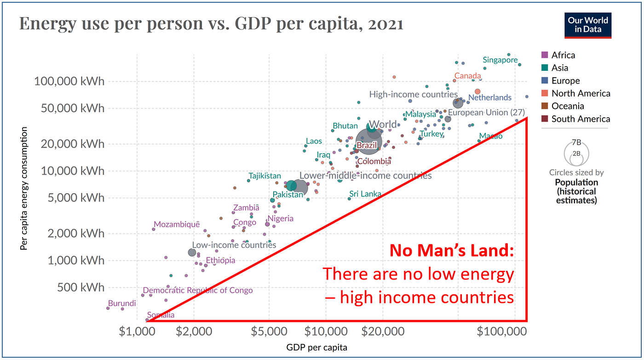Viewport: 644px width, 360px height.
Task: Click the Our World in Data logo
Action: point(588,25)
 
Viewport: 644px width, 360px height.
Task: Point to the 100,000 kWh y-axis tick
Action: point(69,81)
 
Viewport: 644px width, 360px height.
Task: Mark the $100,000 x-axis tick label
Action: point(500,331)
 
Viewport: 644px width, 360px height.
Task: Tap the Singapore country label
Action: point(500,60)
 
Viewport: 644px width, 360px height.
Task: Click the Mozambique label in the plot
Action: point(177,225)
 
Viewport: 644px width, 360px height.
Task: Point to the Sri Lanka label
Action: point(365,194)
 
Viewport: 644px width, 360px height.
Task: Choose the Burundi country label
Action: point(122,303)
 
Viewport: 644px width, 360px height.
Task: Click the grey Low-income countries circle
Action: point(192,252)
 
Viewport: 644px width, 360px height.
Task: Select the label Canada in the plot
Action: point(468,76)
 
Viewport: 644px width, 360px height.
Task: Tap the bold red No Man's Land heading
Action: point(452,251)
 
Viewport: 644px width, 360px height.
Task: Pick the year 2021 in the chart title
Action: point(383,23)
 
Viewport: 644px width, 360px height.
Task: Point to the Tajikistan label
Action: point(264,176)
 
